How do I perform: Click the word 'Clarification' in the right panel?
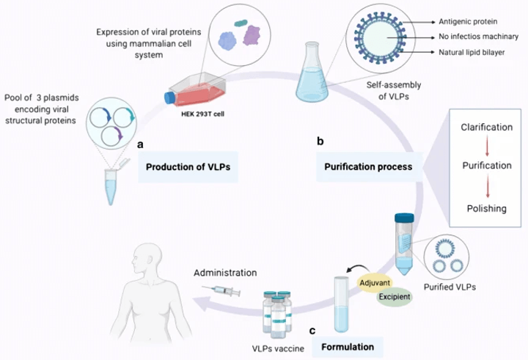pyautogui.click(x=486, y=128)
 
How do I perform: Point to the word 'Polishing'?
pyautogui.click(x=486, y=208)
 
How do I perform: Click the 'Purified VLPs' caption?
pyautogui.click(x=451, y=287)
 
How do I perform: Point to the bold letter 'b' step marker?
pyautogui.click(x=320, y=140)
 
